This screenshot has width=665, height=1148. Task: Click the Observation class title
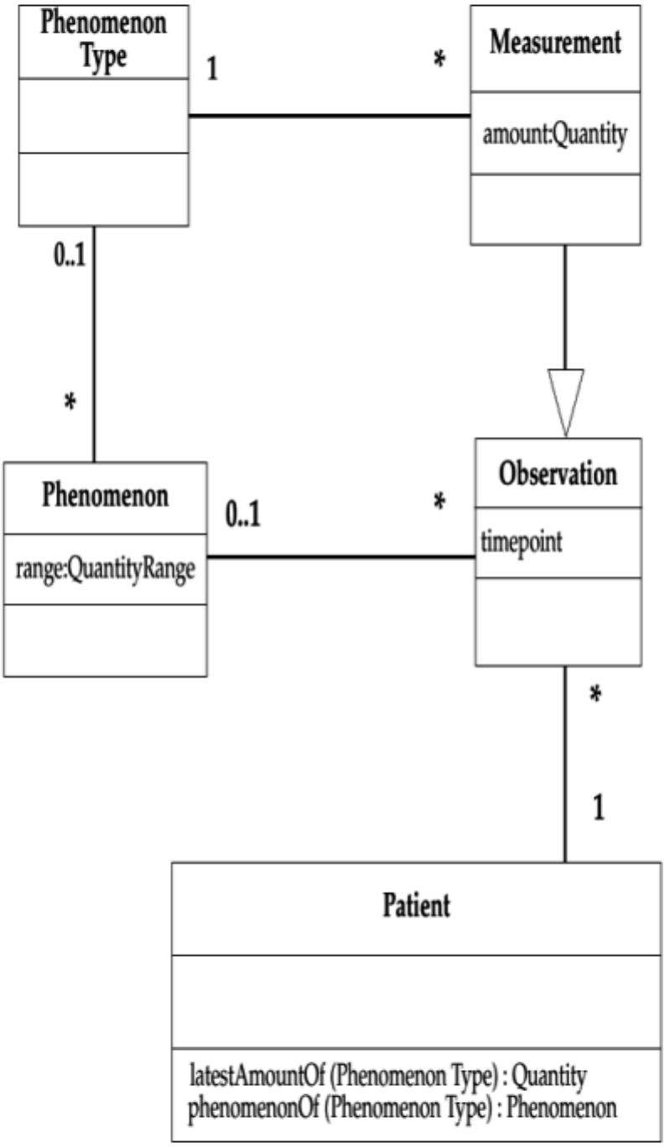558,474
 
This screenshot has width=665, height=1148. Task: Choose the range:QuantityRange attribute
105,569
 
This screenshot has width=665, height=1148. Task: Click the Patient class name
417,906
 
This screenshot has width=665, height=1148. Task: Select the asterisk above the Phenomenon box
70,403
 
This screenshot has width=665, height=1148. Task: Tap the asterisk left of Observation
439,503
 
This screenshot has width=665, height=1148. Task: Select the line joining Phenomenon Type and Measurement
329,116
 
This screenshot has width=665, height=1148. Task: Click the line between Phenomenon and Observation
340,557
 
